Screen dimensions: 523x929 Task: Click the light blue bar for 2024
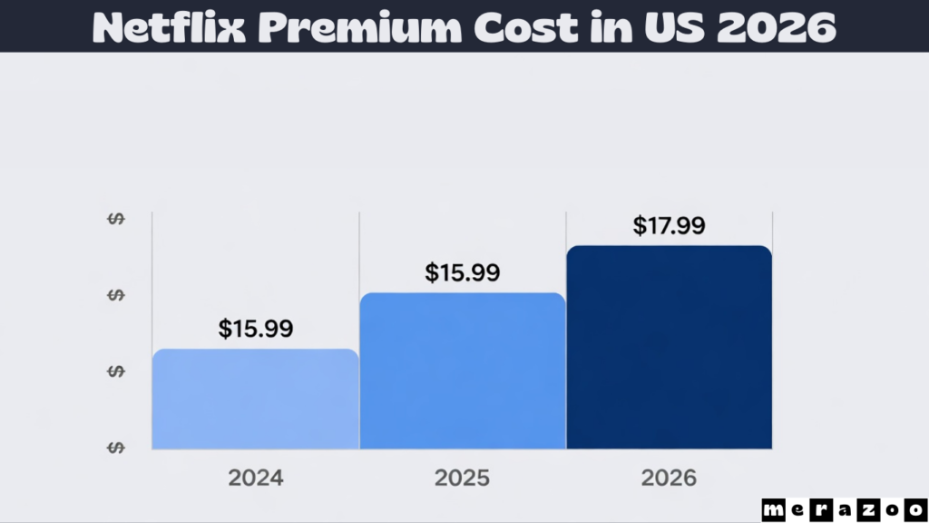click(x=255, y=399)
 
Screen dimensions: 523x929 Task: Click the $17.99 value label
click(x=669, y=226)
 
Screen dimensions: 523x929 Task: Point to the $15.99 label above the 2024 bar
click(x=255, y=330)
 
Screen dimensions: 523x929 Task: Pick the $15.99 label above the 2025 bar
click(x=462, y=273)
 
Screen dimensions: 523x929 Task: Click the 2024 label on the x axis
click(x=255, y=479)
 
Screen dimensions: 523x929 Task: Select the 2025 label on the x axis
click(x=463, y=479)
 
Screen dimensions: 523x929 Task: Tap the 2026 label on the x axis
click(x=670, y=479)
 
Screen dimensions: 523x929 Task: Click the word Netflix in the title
click(x=169, y=28)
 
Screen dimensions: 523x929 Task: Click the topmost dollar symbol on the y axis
click(x=116, y=219)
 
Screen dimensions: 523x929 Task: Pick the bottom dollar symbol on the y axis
click(x=116, y=448)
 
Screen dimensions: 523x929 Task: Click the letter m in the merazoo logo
click(x=772, y=509)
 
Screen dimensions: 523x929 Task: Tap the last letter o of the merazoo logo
click(x=914, y=509)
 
